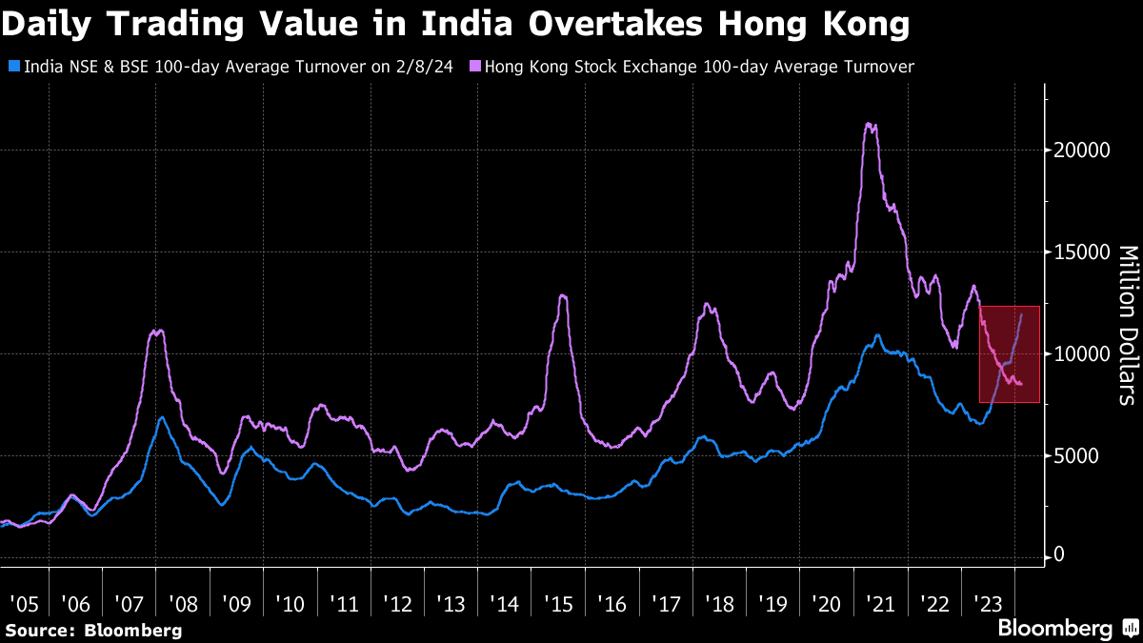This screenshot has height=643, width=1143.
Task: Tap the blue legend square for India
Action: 12,68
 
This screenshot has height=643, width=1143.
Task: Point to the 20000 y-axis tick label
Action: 1080,151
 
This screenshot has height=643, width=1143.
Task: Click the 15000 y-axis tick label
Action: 1080,252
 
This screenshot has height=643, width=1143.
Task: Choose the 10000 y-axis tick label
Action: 1080,354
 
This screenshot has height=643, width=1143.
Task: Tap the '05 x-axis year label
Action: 24,604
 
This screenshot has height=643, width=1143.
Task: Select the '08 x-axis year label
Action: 182,604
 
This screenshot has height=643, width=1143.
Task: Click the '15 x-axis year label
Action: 558,604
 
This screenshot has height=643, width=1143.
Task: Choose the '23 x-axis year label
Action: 988,604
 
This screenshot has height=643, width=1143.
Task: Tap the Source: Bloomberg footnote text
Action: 93,630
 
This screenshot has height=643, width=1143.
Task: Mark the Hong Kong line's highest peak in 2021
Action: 868,124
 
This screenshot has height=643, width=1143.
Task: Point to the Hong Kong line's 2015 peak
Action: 562,296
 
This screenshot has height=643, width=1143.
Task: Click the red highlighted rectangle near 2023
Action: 1009,354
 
